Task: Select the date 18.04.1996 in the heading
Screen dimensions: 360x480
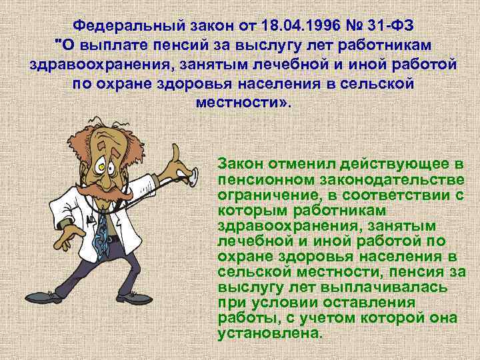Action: point(275,26)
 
